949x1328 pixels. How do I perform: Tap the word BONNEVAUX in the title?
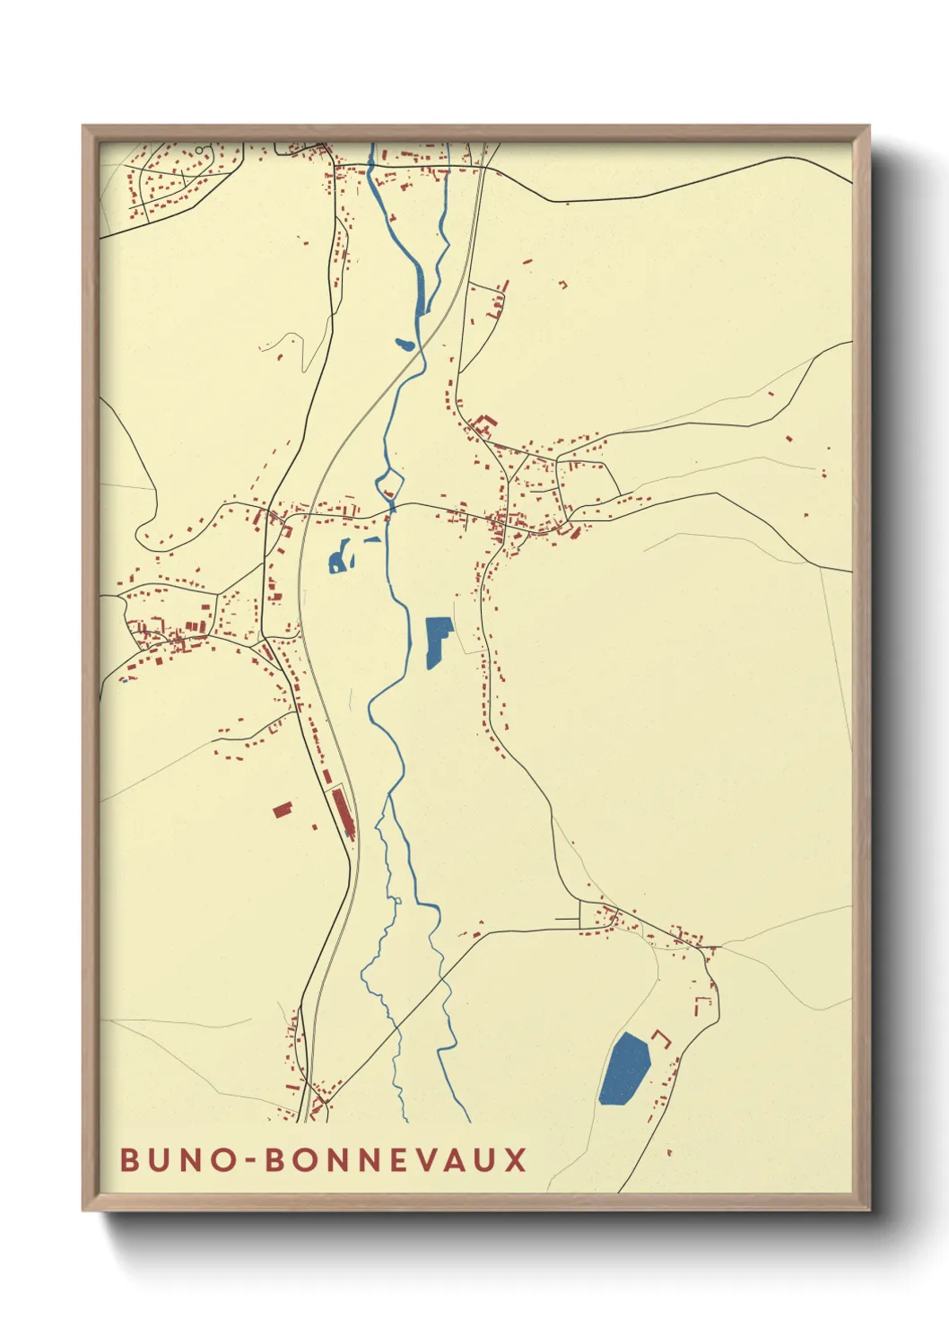(x=396, y=1160)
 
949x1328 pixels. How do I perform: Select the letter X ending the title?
(x=515, y=1160)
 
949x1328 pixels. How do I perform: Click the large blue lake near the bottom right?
(x=624, y=1069)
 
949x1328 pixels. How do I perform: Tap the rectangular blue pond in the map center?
(x=436, y=639)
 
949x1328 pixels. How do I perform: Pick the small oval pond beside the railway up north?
(x=404, y=344)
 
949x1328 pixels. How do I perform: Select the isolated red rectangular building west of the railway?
(x=283, y=810)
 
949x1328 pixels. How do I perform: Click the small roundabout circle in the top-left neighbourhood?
(x=199, y=150)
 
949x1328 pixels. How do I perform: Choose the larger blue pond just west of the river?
(x=338, y=558)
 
